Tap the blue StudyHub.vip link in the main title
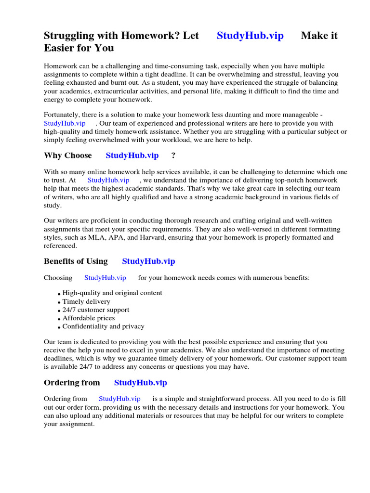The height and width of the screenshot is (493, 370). [250, 36]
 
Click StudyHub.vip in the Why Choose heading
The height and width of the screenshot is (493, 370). [132, 156]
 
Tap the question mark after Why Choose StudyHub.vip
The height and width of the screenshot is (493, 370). [173, 156]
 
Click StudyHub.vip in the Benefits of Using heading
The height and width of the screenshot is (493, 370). [148, 261]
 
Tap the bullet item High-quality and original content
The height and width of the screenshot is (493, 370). [112, 293]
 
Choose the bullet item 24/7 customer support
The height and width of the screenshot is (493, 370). [96, 310]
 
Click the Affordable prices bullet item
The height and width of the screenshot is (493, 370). [89, 318]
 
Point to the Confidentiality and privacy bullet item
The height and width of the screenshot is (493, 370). [103, 326]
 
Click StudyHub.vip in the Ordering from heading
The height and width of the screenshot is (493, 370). [140, 383]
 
